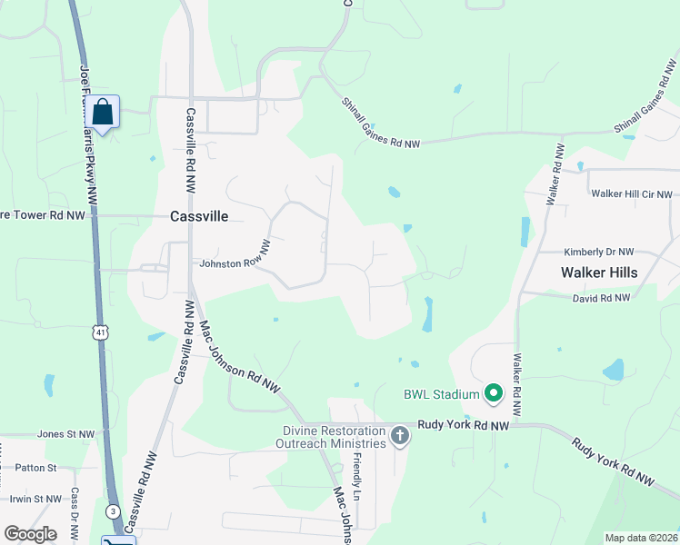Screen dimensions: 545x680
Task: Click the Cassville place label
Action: (x=199, y=216)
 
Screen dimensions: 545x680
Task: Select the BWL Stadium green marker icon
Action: (x=494, y=393)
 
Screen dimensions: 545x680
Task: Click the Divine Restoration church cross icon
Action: (x=399, y=437)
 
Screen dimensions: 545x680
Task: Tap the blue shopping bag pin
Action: (x=105, y=114)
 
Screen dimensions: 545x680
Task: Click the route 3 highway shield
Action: (x=112, y=510)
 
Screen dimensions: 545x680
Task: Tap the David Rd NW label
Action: (x=601, y=298)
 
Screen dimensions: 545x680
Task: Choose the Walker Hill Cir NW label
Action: (x=631, y=193)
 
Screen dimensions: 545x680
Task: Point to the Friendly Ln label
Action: (x=357, y=477)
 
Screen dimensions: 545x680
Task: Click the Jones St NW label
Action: (x=65, y=434)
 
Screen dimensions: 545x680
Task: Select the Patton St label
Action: (x=36, y=468)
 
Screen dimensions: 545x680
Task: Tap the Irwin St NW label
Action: (x=35, y=499)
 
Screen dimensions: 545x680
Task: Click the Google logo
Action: (x=31, y=533)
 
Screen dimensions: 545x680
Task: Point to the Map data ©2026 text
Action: (x=642, y=538)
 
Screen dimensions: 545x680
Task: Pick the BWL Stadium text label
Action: (x=441, y=394)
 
